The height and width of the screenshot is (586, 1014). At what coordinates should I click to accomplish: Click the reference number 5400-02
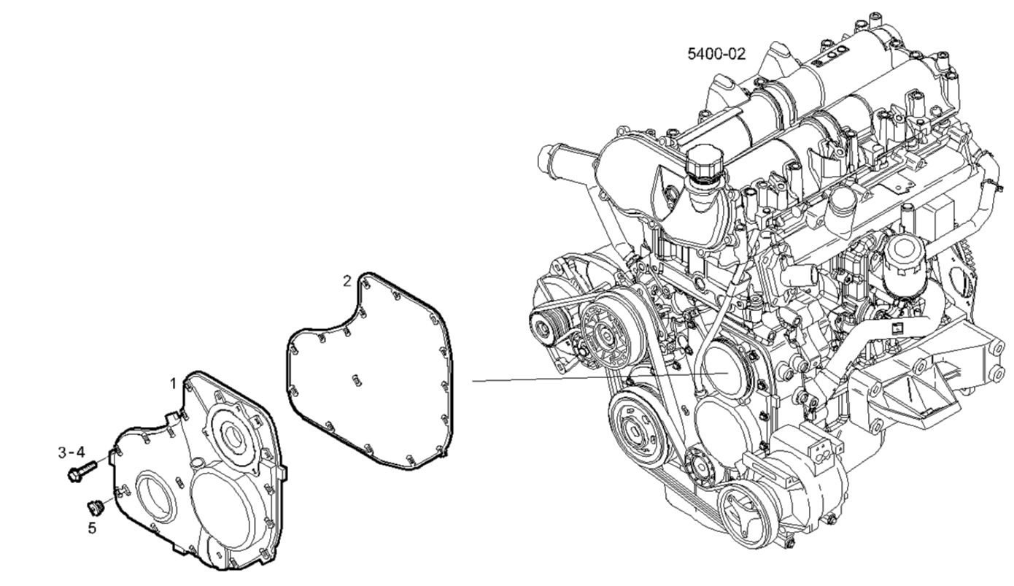tap(716, 54)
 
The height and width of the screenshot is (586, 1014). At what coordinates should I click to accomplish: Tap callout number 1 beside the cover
tap(173, 384)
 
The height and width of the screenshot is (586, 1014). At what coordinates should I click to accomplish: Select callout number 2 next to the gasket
tap(347, 281)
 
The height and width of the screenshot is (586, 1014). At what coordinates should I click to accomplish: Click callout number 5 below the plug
tap(92, 528)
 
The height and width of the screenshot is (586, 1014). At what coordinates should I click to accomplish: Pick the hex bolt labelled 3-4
tap(82, 471)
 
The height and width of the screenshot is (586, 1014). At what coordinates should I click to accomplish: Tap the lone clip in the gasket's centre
tap(357, 380)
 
